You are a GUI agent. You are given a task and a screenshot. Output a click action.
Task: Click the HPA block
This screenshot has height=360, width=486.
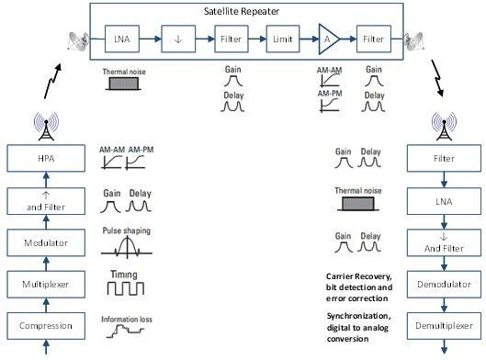pyautogui.click(x=46, y=158)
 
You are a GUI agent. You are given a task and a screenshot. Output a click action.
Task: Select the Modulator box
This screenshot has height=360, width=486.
pyautogui.click(x=46, y=242)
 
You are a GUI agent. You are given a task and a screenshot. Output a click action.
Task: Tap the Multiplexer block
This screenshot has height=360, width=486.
pyautogui.click(x=46, y=285)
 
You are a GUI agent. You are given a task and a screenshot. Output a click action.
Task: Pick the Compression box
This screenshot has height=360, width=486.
pyautogui.click(x=46, y=326)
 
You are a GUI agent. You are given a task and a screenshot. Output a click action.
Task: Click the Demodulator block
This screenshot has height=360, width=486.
pyautogui.click(x=444, y=285)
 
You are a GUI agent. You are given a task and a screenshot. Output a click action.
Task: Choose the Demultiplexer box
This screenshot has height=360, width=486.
pyautogui.click(x=444, y=326)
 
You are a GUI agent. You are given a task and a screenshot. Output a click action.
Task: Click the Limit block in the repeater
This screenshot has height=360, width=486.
pyautogui.click(x=283, y=39)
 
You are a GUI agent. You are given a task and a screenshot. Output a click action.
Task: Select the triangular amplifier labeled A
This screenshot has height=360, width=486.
pyautogui.click(x=329, y=39)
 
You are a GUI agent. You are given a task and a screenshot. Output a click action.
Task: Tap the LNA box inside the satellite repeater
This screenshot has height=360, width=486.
pyautogui.click(x=122, y=39)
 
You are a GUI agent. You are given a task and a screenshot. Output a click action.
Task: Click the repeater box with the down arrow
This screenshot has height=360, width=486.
pyautogui.click(x=178, y=39)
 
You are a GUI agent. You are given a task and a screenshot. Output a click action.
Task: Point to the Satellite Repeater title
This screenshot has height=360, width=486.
pyautogui.click(x=242, y=11)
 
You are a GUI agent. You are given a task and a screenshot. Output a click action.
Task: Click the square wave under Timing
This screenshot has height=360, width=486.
pyautogui.click(x=126, y=288)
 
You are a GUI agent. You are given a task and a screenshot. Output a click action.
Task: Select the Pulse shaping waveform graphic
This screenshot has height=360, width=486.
pyautogui.click(x=127, y=247)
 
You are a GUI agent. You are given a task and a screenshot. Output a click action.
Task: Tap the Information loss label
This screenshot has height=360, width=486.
pyautogui.click(x=127, y=319)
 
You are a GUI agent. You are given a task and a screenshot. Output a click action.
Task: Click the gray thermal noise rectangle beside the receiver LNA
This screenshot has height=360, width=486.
pyautogui.click(x=358, y=204)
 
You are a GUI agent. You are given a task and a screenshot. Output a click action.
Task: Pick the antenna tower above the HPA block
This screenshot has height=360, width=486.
pyautogui.click(x=46, y=127)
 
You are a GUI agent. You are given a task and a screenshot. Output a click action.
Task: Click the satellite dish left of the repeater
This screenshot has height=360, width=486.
pyautogui.click(x=78, y=41)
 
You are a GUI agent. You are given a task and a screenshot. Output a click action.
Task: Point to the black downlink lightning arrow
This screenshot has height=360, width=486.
pyautogui.click(x=437, y=78)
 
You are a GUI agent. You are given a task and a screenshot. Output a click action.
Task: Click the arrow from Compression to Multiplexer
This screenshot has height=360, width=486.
pyautogui.click(x=46, y=305)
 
